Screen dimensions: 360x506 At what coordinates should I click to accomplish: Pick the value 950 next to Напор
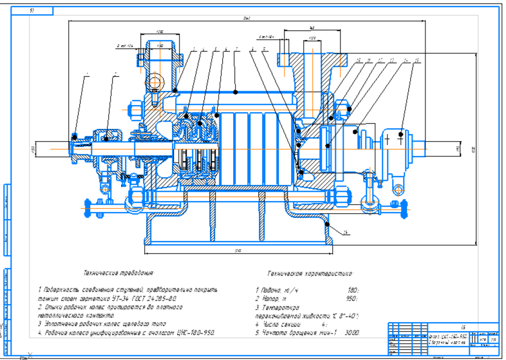pos(351,299)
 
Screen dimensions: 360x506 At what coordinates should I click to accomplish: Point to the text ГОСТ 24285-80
pos(156,298)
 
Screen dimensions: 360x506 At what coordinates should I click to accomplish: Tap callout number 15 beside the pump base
pos(346,232)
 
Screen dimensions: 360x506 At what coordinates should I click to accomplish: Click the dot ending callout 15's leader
pos(328,224)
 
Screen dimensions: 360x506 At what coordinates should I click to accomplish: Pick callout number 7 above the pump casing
pos(236,48)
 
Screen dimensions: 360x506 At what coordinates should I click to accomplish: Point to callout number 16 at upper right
pos(417,61)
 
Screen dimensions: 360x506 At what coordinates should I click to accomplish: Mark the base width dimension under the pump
pos(238,250)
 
